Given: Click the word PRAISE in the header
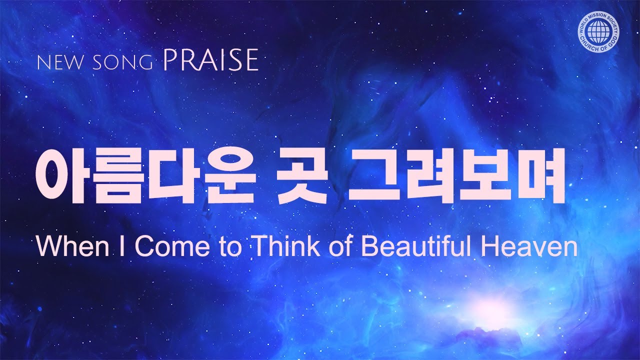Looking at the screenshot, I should [210, 60].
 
